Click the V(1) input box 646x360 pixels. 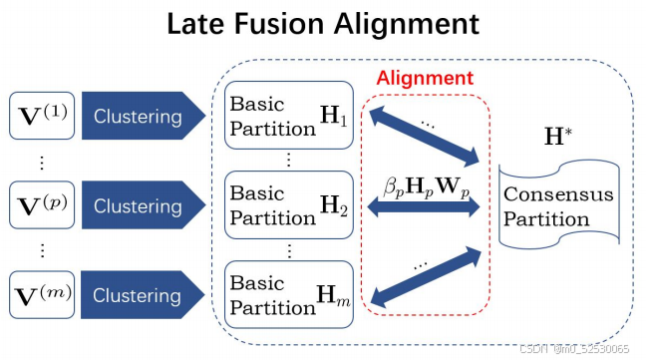[40, 116]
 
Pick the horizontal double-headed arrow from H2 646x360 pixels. [425, 206]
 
